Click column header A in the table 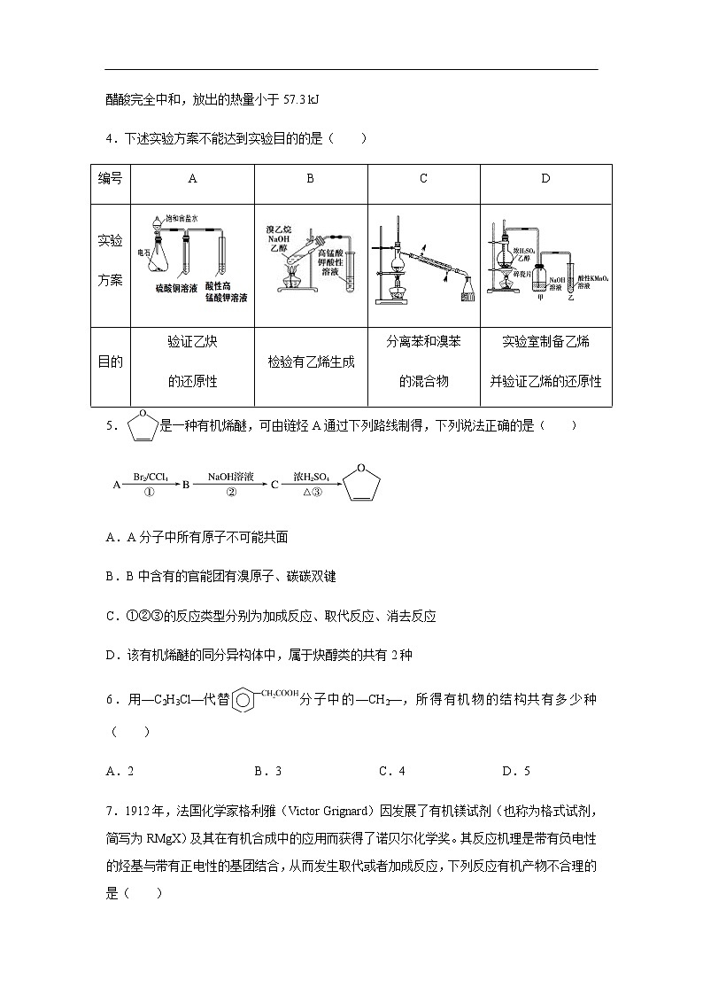tap(192, 178)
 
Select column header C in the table tap(423, 178)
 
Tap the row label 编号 tap(110, 178)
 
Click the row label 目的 tap(110, 361)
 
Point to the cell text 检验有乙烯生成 tap(310, 361)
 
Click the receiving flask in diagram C tap(467, 291)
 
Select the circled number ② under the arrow tap(231, 494)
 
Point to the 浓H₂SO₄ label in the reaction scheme tap(312, 477)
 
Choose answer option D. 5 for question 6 tap(515, 771)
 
